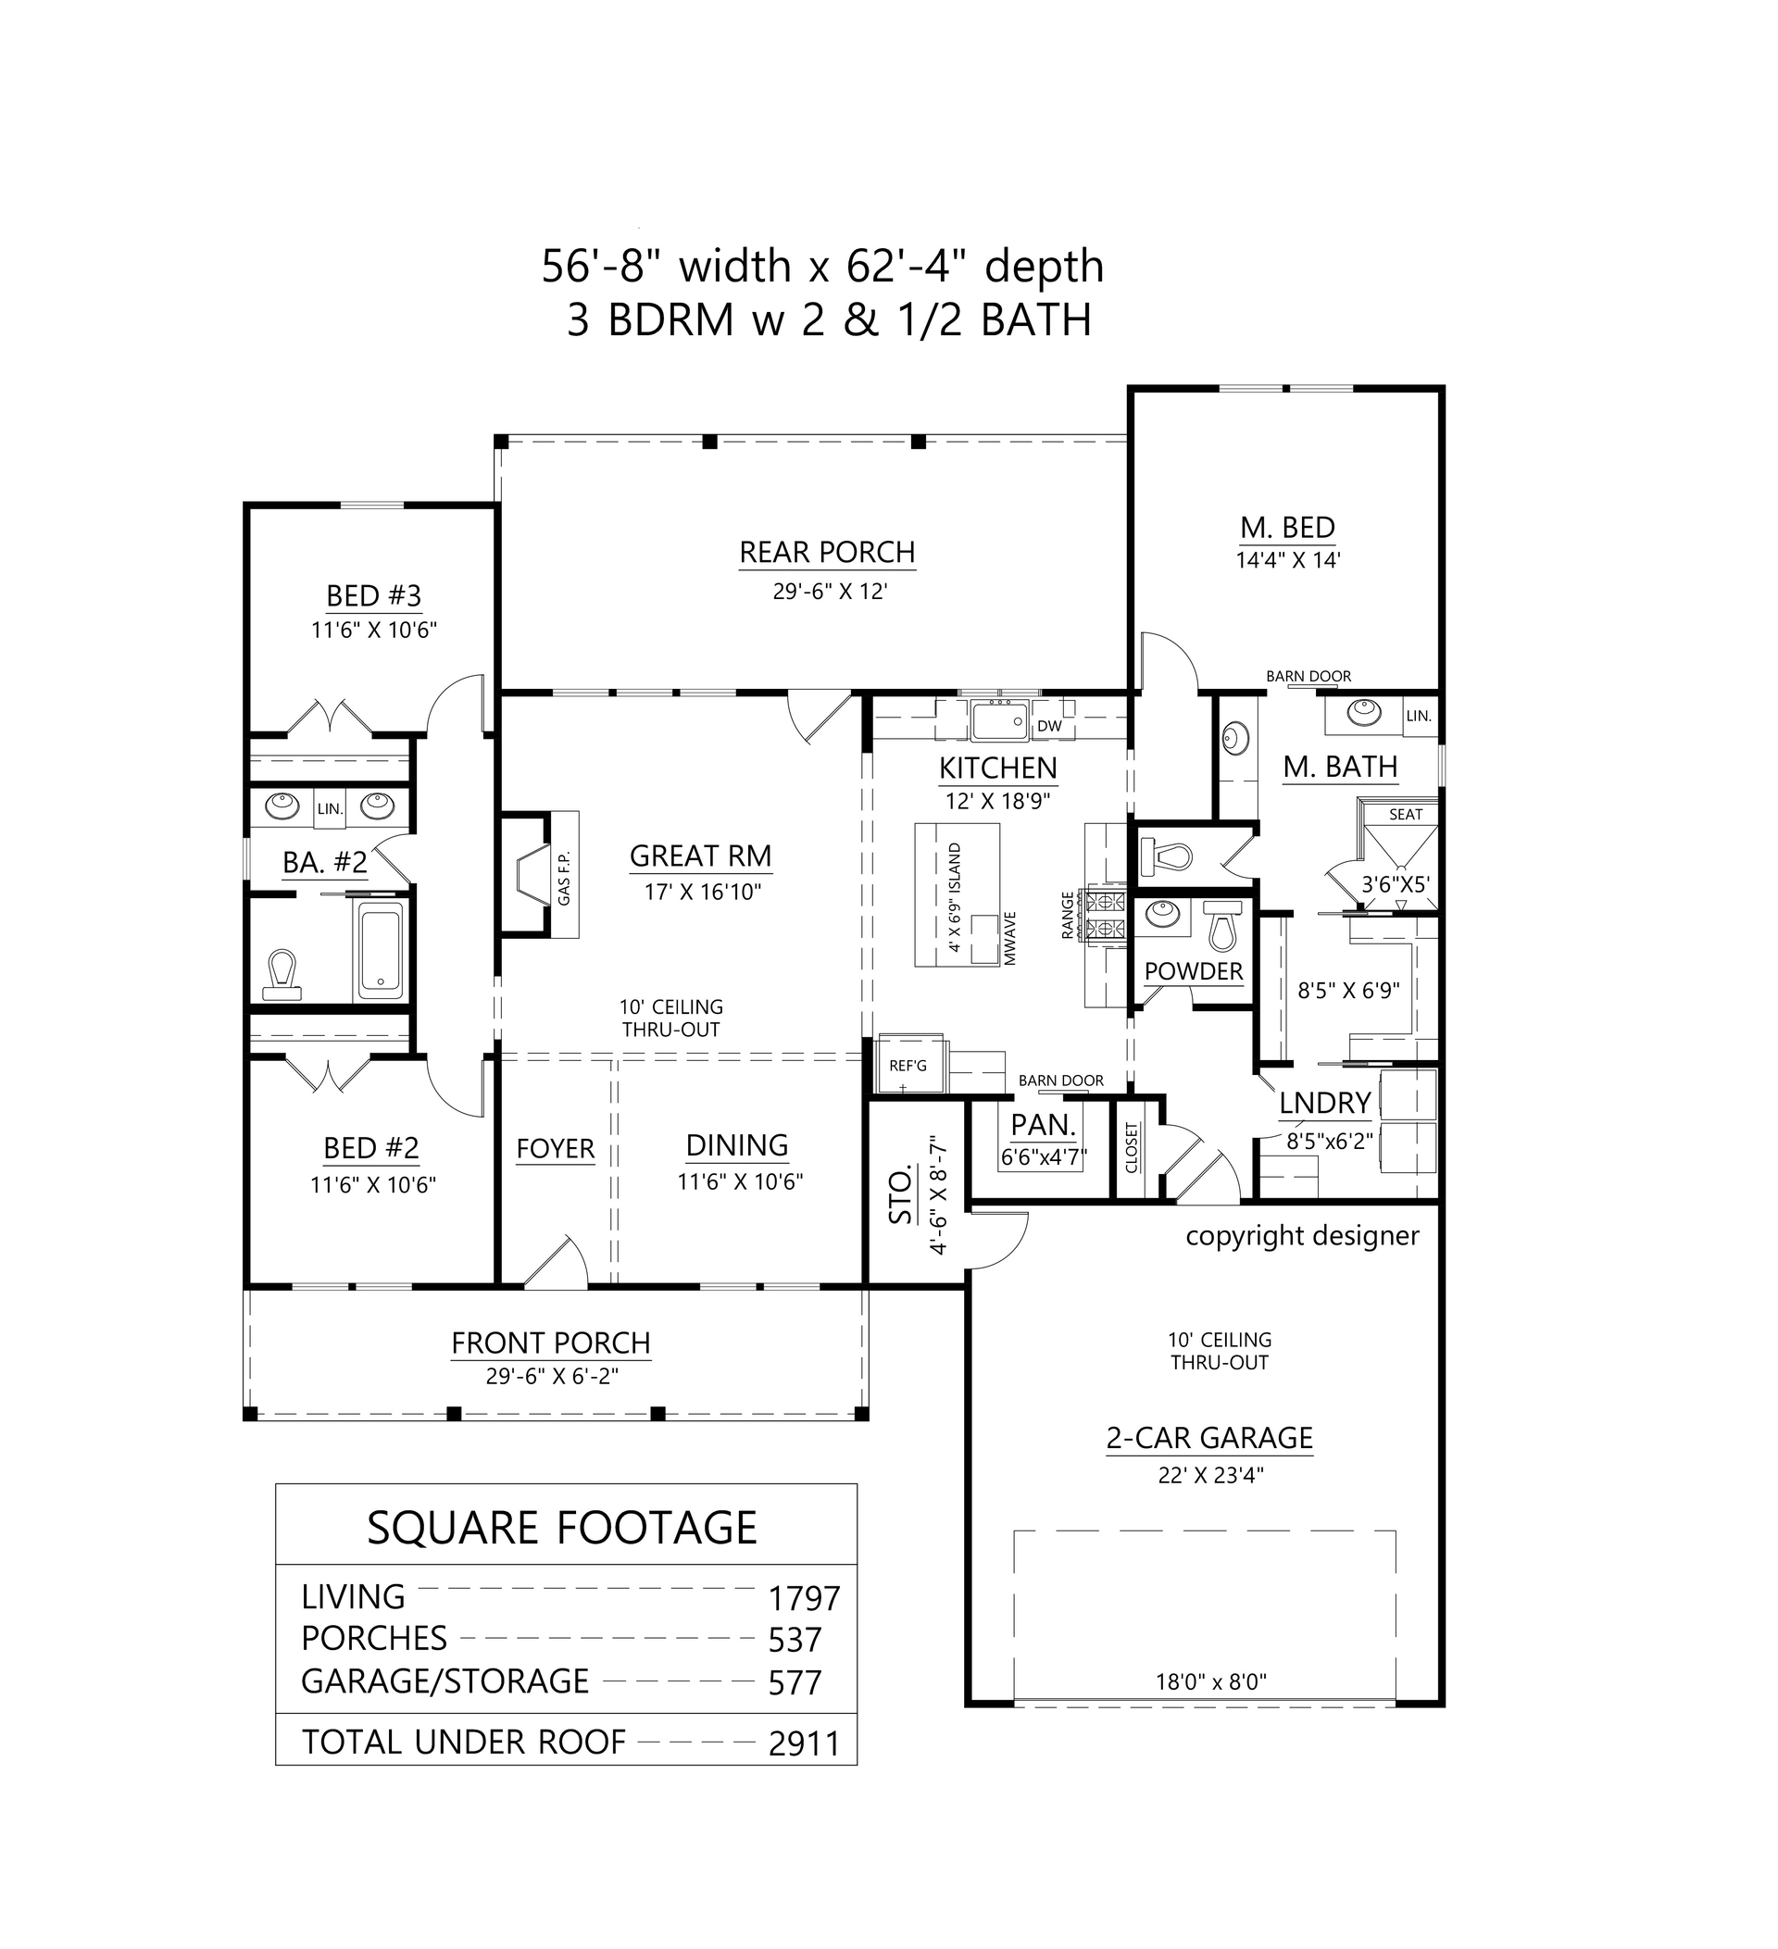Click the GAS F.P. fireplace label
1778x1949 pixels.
[x=565, y=878]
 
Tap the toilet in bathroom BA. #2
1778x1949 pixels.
[x=282, y=974]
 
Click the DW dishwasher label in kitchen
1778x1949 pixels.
[x=1049, y=726]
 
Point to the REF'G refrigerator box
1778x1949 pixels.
[x=908, y=1065]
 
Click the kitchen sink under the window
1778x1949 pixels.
[x=998, y=720]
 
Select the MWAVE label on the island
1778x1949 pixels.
[x=1009, y=939]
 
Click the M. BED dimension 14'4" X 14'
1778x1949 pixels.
[x=1288, y=560]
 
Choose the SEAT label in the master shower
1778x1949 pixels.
[x=1406, y=814]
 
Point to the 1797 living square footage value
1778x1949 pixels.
[x=804, y=1599]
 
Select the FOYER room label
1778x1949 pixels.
[x=555, y=1148]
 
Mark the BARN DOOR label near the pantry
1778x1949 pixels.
[x=1060, y=1081]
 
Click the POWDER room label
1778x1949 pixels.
[x=1193, y=971]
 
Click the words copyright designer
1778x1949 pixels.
[x=1302, y=1235]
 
